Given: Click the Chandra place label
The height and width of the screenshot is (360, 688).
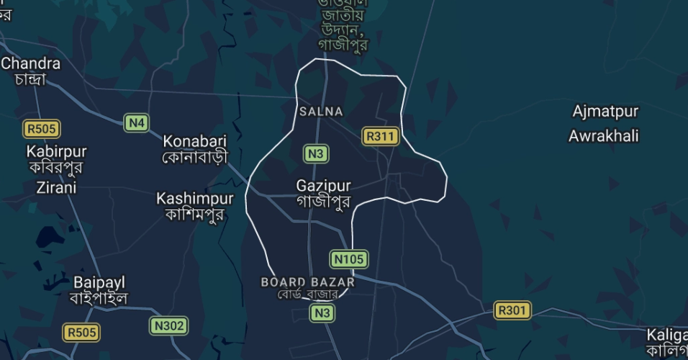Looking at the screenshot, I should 30,63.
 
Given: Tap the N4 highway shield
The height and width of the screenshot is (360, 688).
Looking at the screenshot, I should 137,122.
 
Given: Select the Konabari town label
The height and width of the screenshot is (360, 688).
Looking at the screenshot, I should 194,140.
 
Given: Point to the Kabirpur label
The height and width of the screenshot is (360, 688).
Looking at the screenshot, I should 56,151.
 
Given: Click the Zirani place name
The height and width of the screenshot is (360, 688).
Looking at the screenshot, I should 56,187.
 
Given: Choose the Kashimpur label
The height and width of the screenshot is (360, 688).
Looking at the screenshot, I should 195,198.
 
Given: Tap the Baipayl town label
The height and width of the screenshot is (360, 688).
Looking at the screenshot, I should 100,282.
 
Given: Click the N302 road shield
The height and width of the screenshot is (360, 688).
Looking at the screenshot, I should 169,325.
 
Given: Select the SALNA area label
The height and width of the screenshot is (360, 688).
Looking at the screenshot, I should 321,112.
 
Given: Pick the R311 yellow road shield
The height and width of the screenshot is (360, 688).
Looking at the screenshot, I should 379,136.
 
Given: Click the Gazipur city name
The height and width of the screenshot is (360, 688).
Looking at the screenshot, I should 323,186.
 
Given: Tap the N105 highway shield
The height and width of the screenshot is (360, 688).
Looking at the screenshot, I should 349,258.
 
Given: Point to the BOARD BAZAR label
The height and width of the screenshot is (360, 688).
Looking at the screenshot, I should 309,281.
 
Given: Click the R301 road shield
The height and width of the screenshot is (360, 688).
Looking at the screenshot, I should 513,311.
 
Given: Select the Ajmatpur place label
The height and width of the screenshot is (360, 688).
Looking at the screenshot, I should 605,112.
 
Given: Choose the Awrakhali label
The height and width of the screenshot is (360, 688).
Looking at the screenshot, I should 604,136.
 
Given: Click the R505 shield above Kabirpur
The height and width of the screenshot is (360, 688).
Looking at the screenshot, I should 42,129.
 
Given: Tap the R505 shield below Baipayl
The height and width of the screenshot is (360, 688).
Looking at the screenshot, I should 81,333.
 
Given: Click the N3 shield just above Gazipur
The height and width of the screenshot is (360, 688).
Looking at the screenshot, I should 317,153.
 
